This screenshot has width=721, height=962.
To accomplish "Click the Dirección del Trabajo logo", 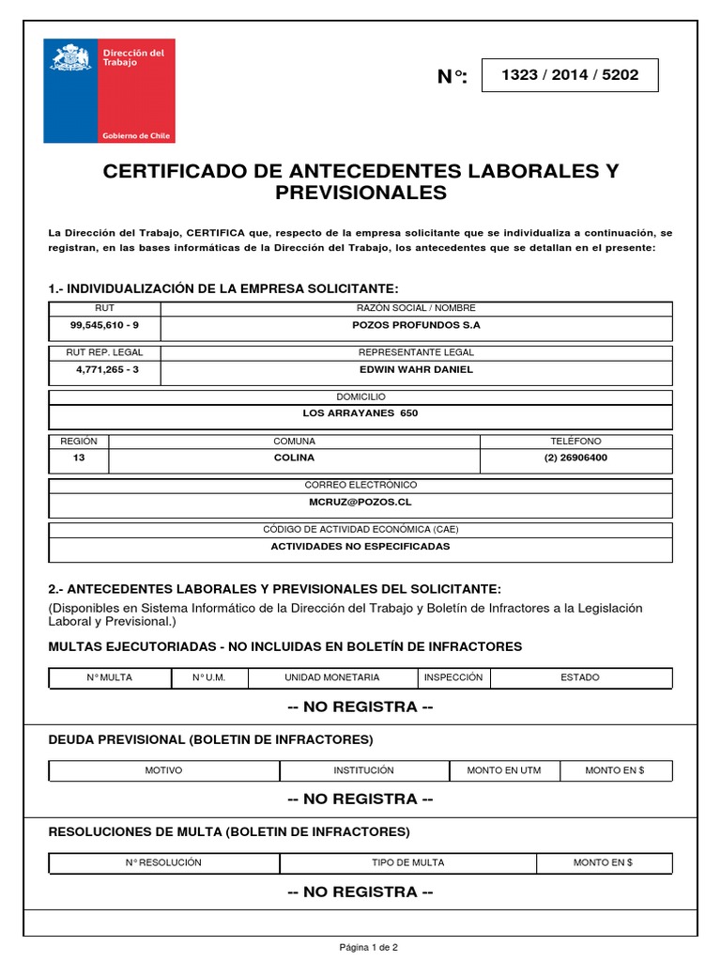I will click(109, 90).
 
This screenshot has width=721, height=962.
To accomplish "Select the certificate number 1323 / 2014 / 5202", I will click(570, 75).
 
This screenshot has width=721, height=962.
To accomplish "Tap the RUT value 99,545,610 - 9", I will click(104, 325).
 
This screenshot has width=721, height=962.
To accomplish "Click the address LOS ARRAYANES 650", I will click(360, 413).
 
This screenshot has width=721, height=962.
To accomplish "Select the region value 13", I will click(78, 458).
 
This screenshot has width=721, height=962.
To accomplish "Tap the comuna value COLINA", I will click(294, 458).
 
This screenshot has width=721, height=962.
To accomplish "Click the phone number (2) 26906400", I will click(575, 458).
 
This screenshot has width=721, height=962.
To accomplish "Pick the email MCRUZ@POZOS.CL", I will click(360, 502).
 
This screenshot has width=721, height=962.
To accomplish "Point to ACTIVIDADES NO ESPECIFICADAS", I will click(360, 546).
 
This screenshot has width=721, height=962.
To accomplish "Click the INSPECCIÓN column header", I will click(453, 677).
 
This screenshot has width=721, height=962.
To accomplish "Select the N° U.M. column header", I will click(208, 677).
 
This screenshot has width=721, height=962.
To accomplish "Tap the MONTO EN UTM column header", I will click(503, 770).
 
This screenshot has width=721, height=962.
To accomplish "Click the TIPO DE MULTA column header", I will click(407, 862).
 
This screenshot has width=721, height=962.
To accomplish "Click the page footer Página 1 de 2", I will click(368, 948).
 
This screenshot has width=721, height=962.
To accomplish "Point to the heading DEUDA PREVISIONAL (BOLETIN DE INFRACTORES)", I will click(210, 739).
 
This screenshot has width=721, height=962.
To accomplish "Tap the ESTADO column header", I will click(580, 677).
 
